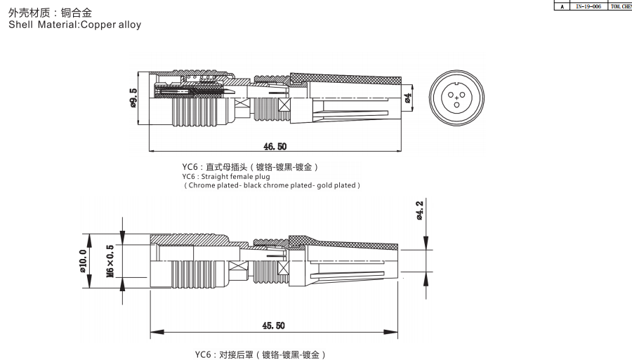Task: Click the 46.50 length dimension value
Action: click(275, 147)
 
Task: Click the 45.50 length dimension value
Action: click(273, 326)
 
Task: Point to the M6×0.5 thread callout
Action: click(110, 261)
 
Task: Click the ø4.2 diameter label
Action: click(420, 211)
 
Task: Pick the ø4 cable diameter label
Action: click(408, 98)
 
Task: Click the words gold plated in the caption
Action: click(337, 185)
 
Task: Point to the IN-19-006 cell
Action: click(588, 6)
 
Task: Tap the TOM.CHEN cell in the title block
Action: click(622, 6)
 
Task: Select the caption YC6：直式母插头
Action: click(215, 167)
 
